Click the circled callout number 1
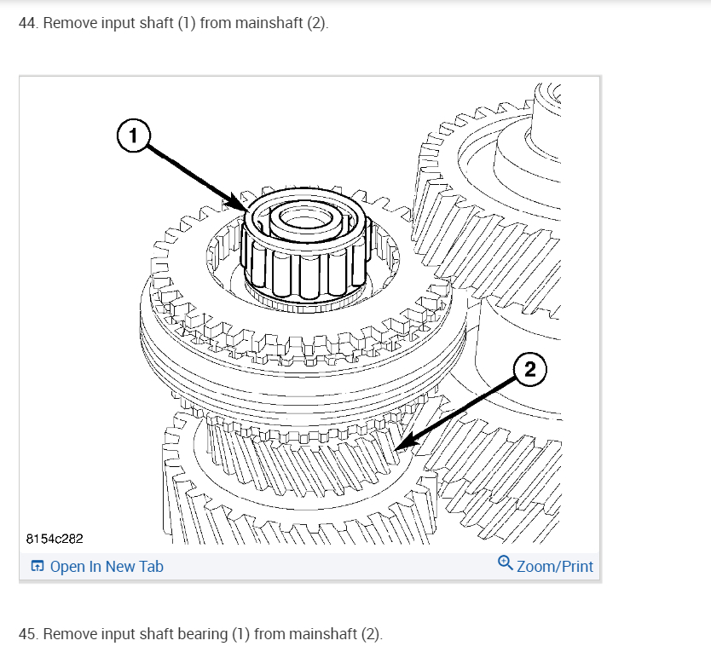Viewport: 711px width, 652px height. [132, 135]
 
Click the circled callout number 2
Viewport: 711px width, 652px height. [529, 369]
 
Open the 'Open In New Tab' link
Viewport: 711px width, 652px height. [107, 567]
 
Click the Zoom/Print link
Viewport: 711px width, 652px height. [555, 567]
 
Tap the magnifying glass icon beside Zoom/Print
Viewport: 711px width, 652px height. [506, 564]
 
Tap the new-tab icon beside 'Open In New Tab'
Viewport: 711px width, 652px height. [38, 567]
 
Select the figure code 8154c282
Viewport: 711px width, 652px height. [55, 538]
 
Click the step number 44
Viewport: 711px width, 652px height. [27, 23]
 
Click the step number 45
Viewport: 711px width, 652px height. [27, 634]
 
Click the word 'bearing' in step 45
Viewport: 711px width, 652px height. [205, 634]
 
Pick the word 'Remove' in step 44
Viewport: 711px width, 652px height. [66, 23]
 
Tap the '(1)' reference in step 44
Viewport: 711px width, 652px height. [184, 23]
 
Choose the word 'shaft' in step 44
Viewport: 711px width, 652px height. [150, 23]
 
